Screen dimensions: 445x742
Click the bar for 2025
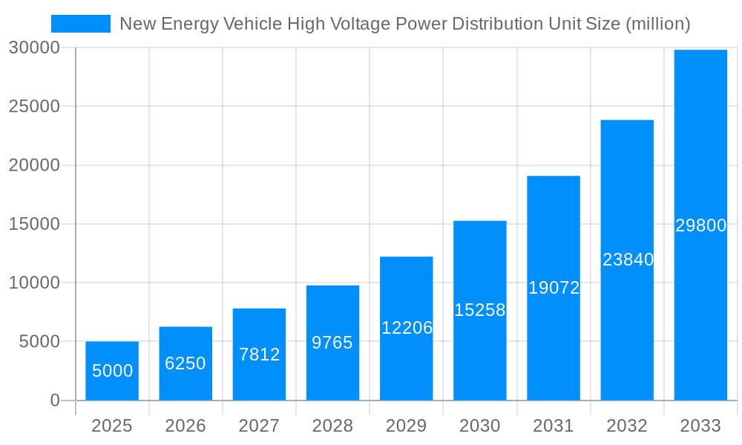click(x=112, y=371)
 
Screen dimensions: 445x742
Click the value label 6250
click(x=185, y=363)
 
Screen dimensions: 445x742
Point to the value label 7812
click(x=259, y=355)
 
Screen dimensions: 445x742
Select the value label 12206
click(x=407, y=328)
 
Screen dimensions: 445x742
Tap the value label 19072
click(x=554, y=288)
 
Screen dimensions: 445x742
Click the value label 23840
click(x=628, y=260)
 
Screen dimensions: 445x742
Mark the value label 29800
click(x=700, y=225)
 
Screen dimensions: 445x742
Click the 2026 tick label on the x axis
click(x=185, y=426)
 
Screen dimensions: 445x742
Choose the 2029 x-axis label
click(x=407, y=426)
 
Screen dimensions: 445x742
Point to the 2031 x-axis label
click(x=554, y=426)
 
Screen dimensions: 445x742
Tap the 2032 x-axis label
click(x=627, y=426)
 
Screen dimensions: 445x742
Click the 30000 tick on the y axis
click(x=34, y=47)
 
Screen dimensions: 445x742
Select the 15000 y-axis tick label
click(x=34, y=224)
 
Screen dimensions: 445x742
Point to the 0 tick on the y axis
click(x=54, y=400)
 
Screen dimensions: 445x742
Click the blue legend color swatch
click(x=80, y=24)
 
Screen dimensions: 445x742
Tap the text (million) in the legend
click(x=658, y=24)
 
